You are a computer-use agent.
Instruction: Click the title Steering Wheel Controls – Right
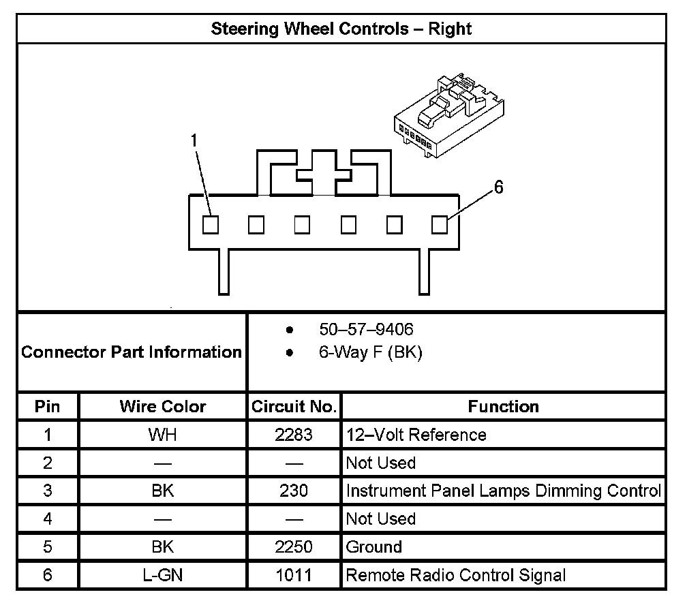coord(341,29)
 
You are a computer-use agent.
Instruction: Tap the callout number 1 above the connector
coord(194,140)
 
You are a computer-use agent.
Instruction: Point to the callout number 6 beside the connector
coord(498,187)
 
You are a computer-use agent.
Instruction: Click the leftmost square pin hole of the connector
coord(211,224)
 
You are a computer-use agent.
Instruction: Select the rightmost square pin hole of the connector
coord(440,224)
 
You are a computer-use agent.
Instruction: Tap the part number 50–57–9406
coord(366,330)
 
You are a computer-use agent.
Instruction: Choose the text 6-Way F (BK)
coord(370,353)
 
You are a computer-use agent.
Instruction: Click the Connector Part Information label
coord(132,352)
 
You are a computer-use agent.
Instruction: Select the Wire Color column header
coord(162,407)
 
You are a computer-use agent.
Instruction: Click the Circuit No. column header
coord(294,407)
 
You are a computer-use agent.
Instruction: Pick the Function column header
coord(503,407)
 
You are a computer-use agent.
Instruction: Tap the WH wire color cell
coord(162,435)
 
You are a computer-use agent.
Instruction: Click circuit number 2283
coord(294,435)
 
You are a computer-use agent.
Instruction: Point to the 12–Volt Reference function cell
coord(416,435)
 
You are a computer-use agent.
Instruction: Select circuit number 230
coord(294,491)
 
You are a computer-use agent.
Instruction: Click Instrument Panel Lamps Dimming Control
coord(503,491)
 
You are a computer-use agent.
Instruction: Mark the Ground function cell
coord(374,546)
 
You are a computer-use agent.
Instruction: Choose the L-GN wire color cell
coord(162,575)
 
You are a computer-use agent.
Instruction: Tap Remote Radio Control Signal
coord(456,575)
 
